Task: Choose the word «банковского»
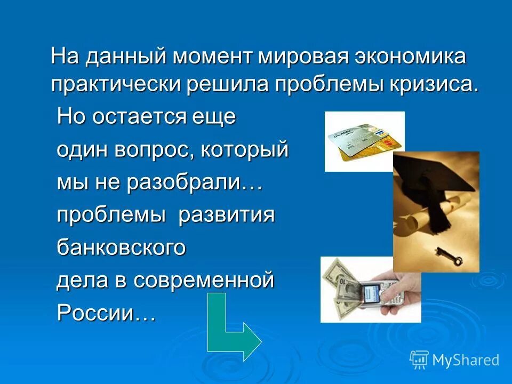[x=122, y=248]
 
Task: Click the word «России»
[x=106, y=313]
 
